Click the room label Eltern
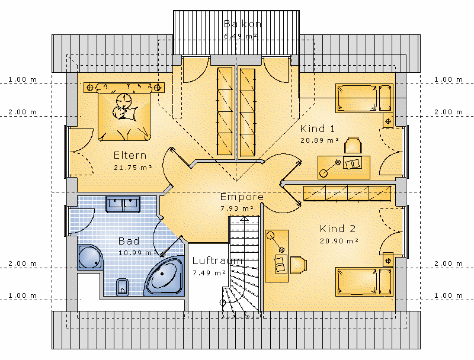130,156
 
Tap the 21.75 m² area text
132,168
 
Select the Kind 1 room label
318,128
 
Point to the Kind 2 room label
338,229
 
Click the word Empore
242,197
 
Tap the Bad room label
129,241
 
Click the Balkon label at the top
242,24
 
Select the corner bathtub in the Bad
165,276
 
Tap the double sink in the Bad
123,205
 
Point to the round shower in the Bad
91,257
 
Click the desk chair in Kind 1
353,144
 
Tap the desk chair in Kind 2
297,265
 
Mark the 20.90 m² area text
338,241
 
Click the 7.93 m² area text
236,208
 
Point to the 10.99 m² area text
136,253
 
